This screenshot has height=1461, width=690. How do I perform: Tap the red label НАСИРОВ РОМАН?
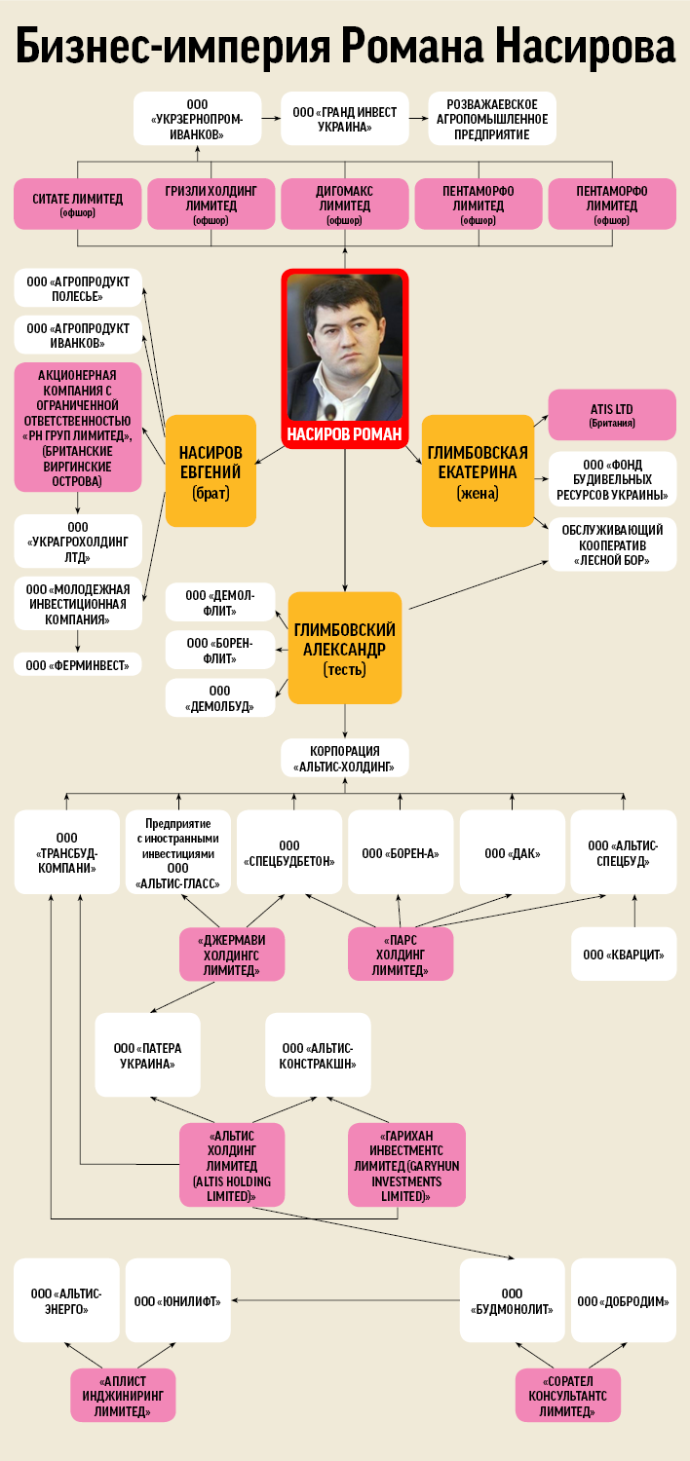[x=345, y=435]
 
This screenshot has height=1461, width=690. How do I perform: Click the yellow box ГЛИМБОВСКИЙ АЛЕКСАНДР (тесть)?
[x=345, y=648]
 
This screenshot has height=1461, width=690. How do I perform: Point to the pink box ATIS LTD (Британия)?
[x=612, y=415]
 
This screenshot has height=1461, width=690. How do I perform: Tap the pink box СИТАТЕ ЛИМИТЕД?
[x=77, y=204]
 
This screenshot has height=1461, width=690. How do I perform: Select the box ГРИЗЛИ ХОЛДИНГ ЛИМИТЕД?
[x=211, y=204]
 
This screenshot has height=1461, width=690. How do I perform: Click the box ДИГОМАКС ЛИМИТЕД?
[x=344, y=204]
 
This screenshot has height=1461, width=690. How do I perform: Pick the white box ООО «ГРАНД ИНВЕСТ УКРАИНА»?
[x=344, y=119]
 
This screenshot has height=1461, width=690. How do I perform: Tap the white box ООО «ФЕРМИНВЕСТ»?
[x=77, y=665]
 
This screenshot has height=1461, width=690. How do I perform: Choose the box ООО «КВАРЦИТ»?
[x=624, y=955]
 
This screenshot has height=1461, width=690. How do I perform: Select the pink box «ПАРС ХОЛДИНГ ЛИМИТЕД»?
[x=401, y=955]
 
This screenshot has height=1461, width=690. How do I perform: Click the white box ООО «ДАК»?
[x=513, y=853]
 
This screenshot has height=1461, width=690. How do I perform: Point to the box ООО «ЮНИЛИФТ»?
[x=177, y=1300]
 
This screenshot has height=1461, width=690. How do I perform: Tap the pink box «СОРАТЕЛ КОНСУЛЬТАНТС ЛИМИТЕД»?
[x=567, y=1396]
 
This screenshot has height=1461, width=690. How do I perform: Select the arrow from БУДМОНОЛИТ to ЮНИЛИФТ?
[x=345, y=1300]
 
